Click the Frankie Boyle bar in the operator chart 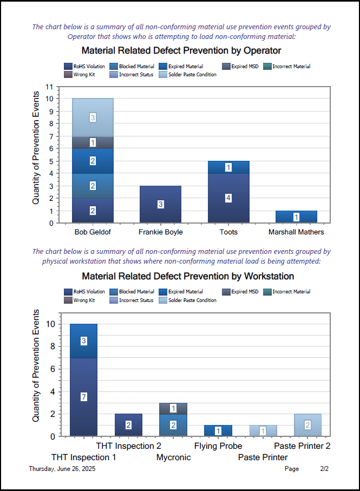(160, 204)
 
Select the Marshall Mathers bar (296, 217)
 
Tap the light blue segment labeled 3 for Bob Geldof (93, 117)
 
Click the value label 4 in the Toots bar (228, 198)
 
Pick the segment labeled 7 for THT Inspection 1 (83, 397)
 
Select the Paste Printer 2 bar (307, 425)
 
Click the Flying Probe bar (218, 431)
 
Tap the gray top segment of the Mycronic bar (173, 408)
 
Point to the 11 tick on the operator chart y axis (49, 87)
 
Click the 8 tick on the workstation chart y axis (50, 346)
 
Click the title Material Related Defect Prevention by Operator (181, 51)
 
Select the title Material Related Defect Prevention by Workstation (187, 276)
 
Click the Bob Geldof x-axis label (93, 232)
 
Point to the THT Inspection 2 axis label (129, 446)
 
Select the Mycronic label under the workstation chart (173, 457)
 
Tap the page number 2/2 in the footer (324, 469)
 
